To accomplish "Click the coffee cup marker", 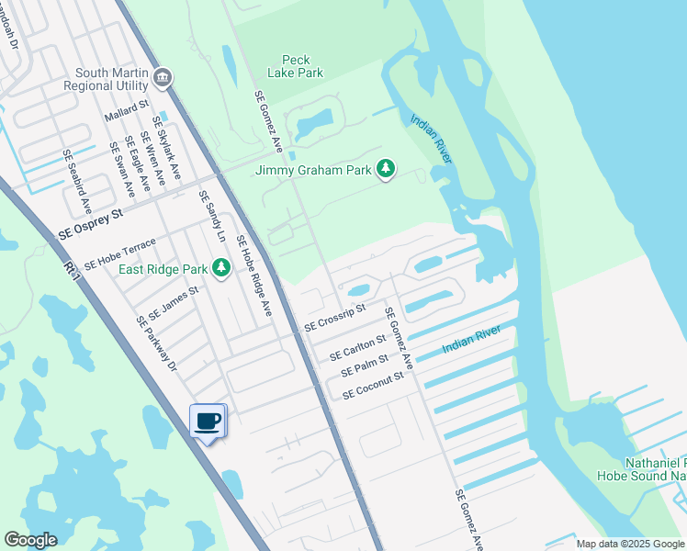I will click(x=208, y=421).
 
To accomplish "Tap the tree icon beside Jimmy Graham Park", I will click(x=387, y=169).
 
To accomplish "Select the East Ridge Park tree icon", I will click(x=220, y=268).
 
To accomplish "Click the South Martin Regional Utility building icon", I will click(x=163, y=78).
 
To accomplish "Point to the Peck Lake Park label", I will click(x=296, y=65).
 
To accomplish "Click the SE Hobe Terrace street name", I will click(x=120, y=253).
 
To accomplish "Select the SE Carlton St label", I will click(x=358, y=348).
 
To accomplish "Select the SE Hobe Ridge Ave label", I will click(x=254, y=275).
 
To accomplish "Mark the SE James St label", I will click(x=174, y=302).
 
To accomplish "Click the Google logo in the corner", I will click(x=30, y=540).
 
